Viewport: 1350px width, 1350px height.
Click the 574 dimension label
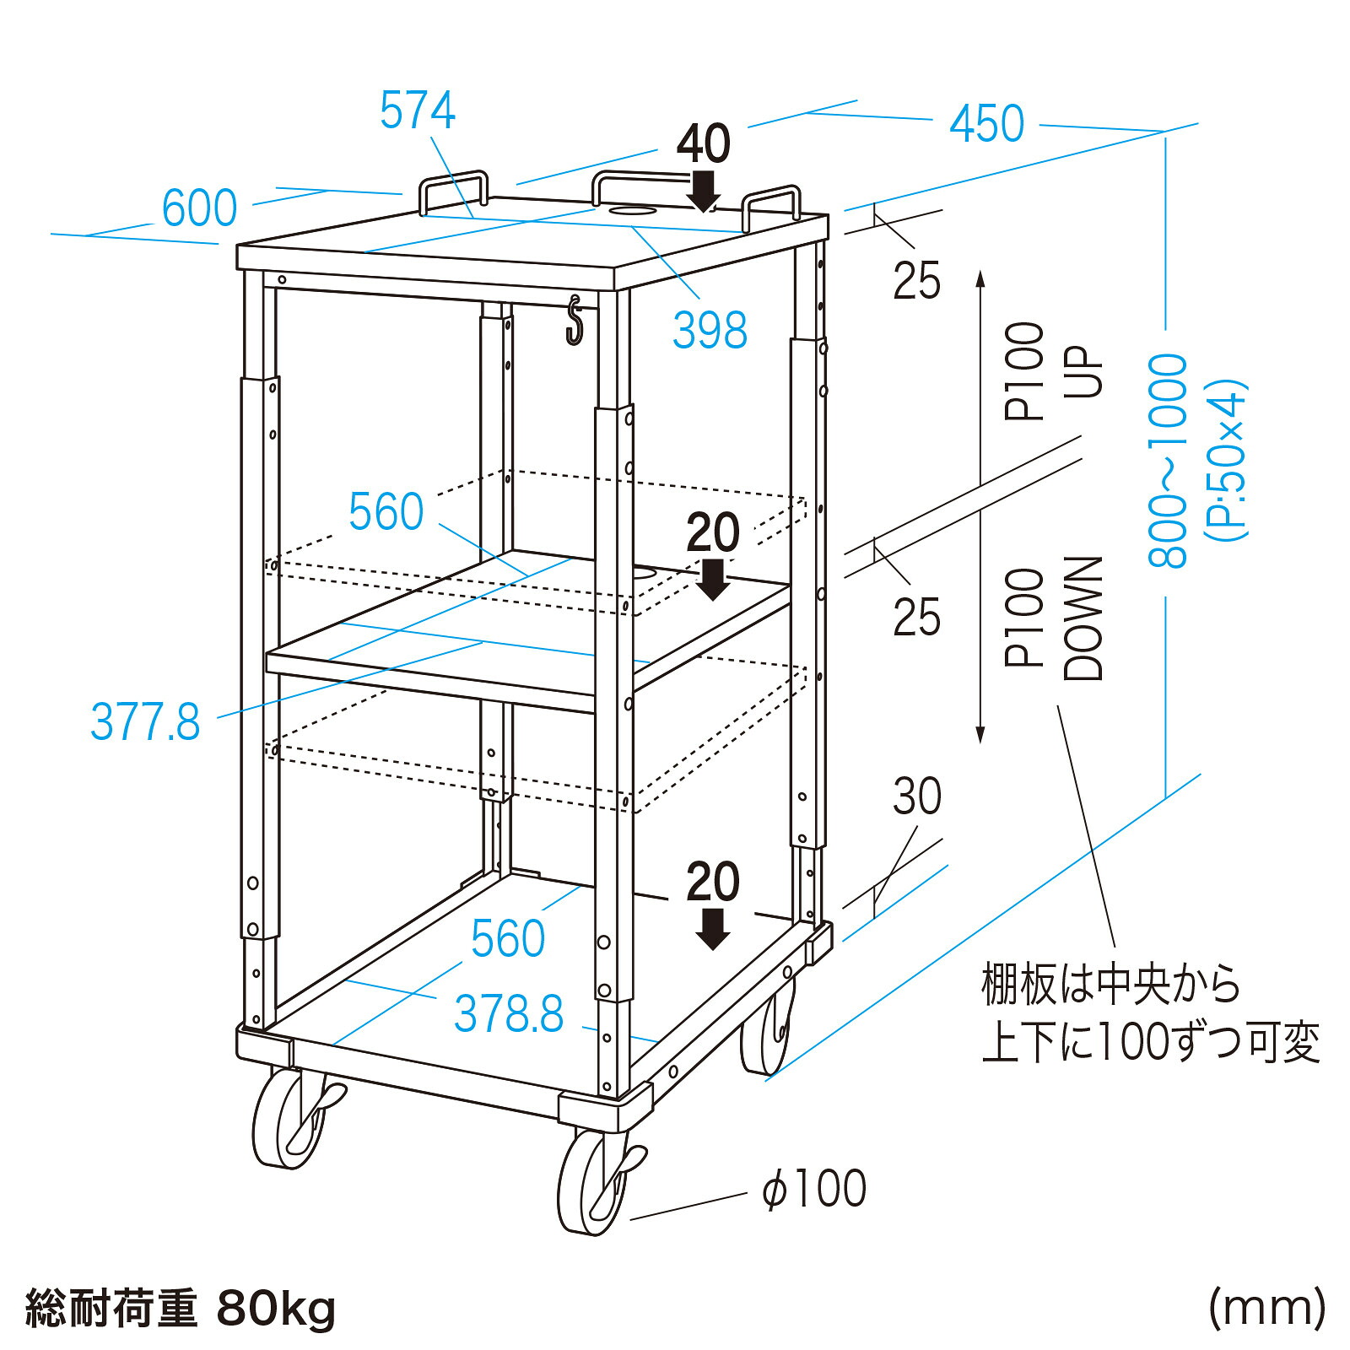(418, 111)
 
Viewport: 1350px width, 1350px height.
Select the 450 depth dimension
(987, 124)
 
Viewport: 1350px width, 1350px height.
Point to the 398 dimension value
(710, 330)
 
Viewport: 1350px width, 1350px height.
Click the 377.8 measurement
(145, 722)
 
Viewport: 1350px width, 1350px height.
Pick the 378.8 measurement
(509, 1013)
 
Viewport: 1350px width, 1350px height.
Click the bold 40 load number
(704, 143)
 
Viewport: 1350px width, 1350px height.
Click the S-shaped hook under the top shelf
(575, 320)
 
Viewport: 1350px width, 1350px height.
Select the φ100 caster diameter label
(814, 1189)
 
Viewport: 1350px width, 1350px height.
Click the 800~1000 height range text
(1168, 461)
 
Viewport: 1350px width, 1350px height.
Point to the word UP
(1083, 371)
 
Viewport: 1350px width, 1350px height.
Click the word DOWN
(1083, 618)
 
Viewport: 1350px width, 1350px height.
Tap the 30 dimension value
(917, 796)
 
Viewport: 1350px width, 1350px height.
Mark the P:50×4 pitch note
(1225, 461)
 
